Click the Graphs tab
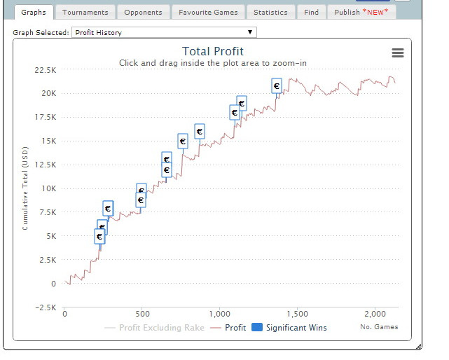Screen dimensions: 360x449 tap(34, 12)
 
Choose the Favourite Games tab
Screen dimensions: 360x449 tap(207, 12)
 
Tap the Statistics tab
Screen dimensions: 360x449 tap(270, 12)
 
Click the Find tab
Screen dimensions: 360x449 tap(311, 12)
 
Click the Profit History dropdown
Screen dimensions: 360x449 tap(164, 32)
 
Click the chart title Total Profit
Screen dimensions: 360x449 tap(213, 51)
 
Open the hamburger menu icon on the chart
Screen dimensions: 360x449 tap(397, 53)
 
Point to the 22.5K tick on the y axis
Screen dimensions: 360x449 tap(46, 69)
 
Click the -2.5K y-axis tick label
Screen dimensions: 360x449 tap(46, 307)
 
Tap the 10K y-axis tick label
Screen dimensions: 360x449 tap(48, 188)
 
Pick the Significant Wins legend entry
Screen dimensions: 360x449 tap(289, 327)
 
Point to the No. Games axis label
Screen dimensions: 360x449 tap(379, 326)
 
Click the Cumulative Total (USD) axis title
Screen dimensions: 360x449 tap(25, 189)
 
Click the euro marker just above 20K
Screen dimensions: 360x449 tap(276, 86)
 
